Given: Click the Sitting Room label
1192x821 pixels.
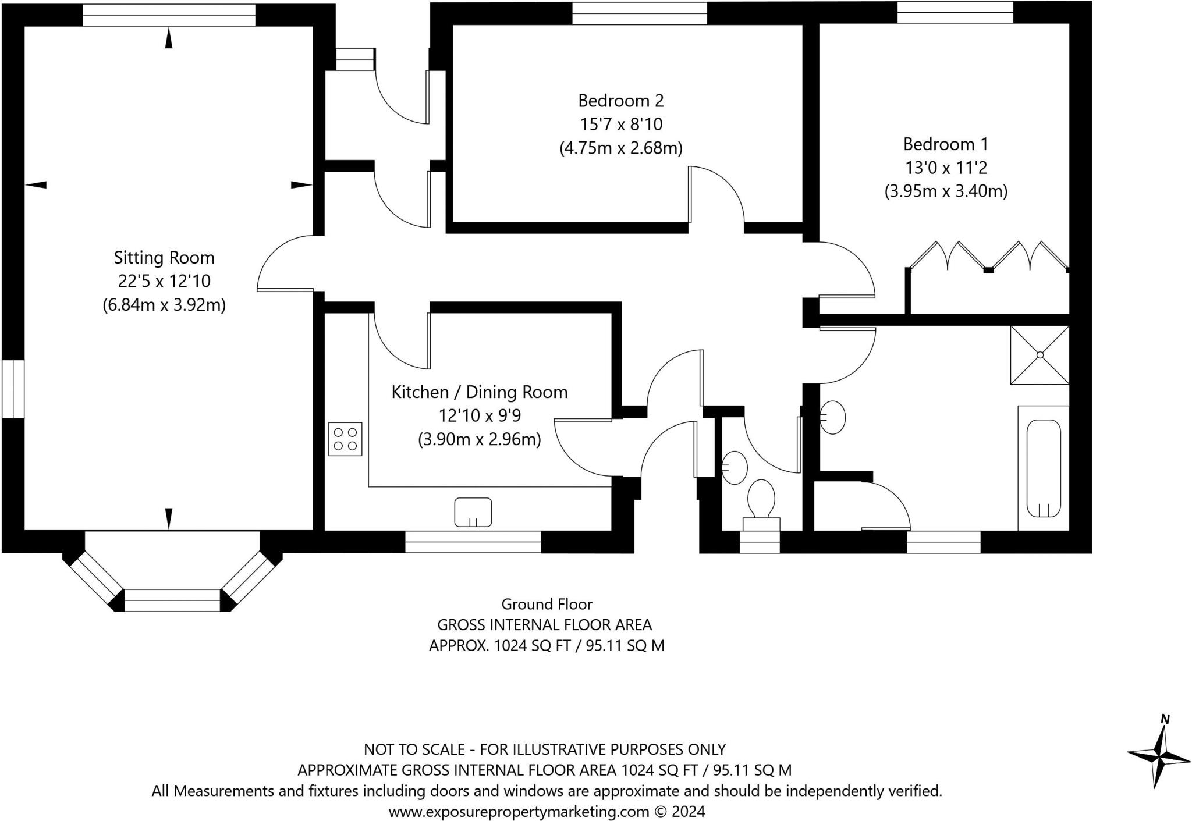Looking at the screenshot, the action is [x=164, y=257].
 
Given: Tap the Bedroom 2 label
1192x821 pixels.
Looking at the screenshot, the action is [x=620, y=101].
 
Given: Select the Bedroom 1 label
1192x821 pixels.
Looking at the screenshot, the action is [x=945, y=144].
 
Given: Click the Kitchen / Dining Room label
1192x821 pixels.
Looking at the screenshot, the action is [x=480, y=392].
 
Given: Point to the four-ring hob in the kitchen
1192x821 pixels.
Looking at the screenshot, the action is [x=345, y=439].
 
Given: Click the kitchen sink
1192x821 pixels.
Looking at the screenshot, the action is [x=473, y=512].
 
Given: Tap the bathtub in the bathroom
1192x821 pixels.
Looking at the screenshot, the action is [x=1044, y=468].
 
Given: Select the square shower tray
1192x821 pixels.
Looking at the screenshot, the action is [x=1040, y=355].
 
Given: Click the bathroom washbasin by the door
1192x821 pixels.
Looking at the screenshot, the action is [x=833, y=417].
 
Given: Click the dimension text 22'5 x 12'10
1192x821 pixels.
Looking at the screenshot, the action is [x=164, y=281].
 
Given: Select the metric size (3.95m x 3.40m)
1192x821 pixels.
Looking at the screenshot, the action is [x=946, y=191].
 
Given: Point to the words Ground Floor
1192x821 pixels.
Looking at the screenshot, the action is [x=547, y=604].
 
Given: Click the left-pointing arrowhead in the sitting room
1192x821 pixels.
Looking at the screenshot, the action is [x=36, y=185].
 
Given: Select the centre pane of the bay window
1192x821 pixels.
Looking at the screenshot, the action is [x=173, y=600].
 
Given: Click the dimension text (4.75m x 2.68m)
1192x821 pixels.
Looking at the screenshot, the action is [x=621, y=148].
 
